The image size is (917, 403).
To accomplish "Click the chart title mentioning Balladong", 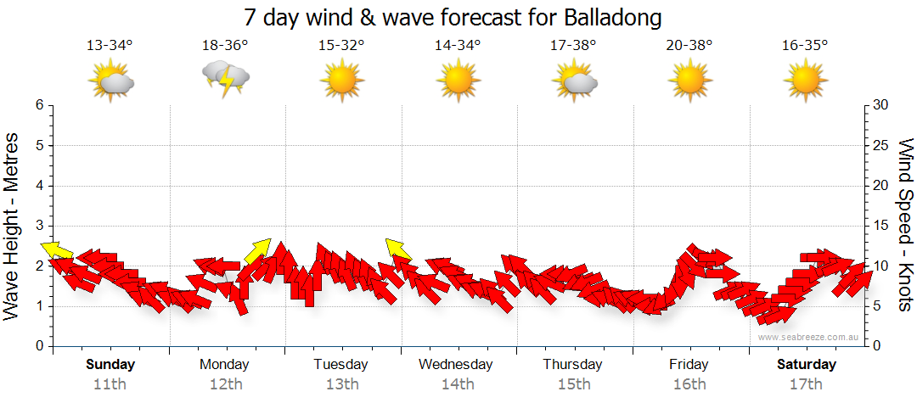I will (452, 17).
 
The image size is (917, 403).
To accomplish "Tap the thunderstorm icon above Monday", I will (225, 79).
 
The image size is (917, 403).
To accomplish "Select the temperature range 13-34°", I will (110, 45).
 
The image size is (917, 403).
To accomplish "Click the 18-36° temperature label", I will (225, 45).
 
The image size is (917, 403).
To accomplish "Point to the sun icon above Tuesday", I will (341, 81).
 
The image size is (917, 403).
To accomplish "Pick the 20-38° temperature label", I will (689, 45).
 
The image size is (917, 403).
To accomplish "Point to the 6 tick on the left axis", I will (39, 105).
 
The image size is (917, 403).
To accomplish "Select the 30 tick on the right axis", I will (880, 105).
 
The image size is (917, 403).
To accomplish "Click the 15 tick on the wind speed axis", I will (880, 226).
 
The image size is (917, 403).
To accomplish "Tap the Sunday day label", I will (110, 365).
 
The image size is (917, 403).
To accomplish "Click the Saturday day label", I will (806, 365).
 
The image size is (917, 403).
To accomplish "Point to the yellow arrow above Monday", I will (257, 250).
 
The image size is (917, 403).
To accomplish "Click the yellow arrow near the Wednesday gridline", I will (397, 249).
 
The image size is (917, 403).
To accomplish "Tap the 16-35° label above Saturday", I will (805, 45).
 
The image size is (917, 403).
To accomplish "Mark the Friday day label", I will (689, 365).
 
